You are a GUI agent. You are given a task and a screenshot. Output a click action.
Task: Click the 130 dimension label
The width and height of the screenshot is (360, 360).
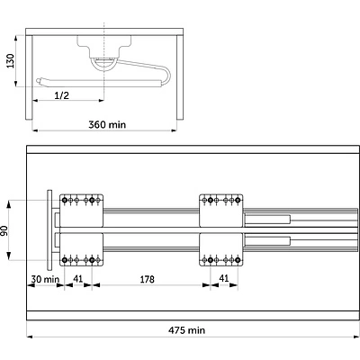click(x=11, y=60)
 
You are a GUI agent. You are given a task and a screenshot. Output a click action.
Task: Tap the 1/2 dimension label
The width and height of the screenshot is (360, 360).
click(x=61, y=95)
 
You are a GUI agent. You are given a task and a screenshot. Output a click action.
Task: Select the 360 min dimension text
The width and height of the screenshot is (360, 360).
click(x=107, y=124)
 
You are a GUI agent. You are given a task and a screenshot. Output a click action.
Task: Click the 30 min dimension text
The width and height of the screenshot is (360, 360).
click(x=45, y=279)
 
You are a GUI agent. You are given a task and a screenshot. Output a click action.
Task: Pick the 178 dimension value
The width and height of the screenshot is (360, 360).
click(x=147, y=279)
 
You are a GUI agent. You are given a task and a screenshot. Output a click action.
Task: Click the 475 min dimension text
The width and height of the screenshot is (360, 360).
click(x=186, y=330)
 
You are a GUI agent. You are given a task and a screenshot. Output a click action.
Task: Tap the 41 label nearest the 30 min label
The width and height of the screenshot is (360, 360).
click(x=78, y=279)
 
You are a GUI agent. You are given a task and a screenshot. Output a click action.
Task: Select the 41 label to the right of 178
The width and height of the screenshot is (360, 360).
click(x=224, y=278)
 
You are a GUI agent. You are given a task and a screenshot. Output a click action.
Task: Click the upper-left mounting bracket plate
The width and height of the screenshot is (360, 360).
click(x=82, y=211)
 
